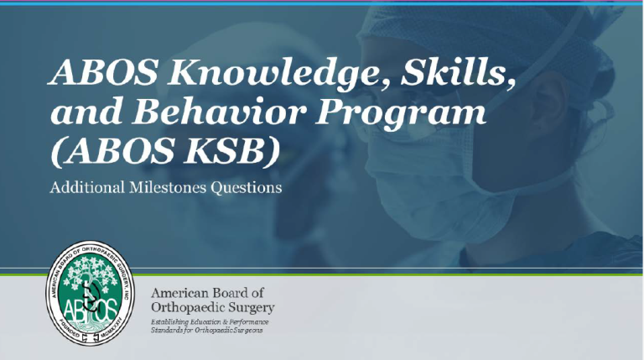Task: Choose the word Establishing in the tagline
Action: tap(173, 323)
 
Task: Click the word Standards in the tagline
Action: tap(169, 331)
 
